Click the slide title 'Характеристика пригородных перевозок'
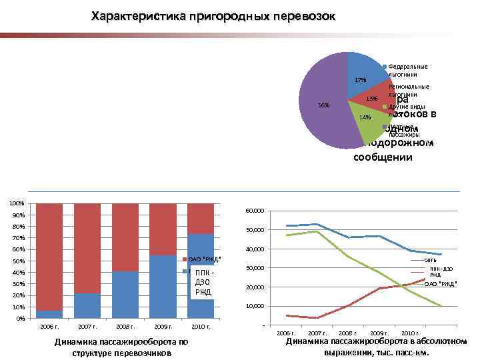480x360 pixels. (x=213, y=15)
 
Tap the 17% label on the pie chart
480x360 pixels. (x=361, y=80)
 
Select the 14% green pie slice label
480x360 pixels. (x=365, y=118)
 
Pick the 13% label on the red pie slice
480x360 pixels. (x=372, y=99)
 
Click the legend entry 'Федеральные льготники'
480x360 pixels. (x=407, y=71)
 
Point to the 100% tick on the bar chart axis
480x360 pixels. (x=17, y=203)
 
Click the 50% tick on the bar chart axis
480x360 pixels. (x=19, y=261)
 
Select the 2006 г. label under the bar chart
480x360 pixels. (x=50, y=327)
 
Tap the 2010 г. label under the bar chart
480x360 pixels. (x=201, y=327)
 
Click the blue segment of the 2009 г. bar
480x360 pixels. (x=163, y=287)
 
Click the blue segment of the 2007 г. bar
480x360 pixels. (x=87, y=305)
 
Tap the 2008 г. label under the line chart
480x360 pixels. (x=347, y=332)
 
